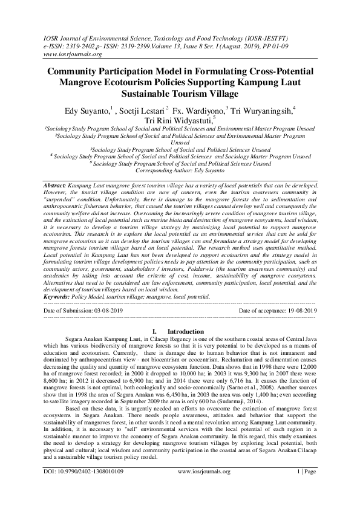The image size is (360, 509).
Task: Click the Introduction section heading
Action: click(x=185, y=332)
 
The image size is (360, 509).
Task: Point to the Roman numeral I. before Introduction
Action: click(x=156, y=332)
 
